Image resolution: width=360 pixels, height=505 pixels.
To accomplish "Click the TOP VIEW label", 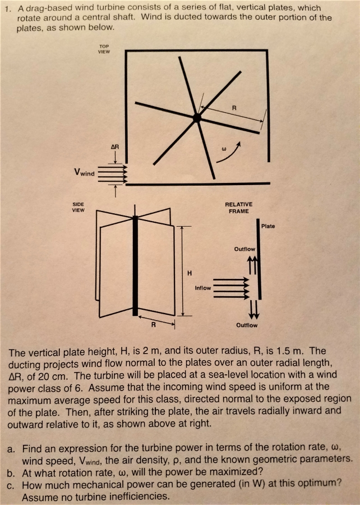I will tap(104, 49).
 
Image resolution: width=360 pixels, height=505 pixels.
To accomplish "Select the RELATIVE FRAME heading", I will tap(238, 208).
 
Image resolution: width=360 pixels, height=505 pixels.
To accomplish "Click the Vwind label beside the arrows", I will tap(84, 173).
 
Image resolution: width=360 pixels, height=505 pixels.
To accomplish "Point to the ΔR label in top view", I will tap(114, 146).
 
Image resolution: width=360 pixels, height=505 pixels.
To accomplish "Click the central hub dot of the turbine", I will tap(196, 117).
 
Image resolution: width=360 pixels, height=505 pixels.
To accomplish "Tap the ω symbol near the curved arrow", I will tap(224, 149).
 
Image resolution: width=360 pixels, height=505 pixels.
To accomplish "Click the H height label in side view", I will tap(190, 273).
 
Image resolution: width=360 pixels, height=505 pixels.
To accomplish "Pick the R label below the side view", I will tap(151, 324).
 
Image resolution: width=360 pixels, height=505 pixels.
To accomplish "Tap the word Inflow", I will tap(202, 288).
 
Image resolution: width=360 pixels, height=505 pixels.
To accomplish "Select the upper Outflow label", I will tap(244, 249).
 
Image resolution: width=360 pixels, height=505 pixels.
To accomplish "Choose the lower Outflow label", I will tap(247, 325).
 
